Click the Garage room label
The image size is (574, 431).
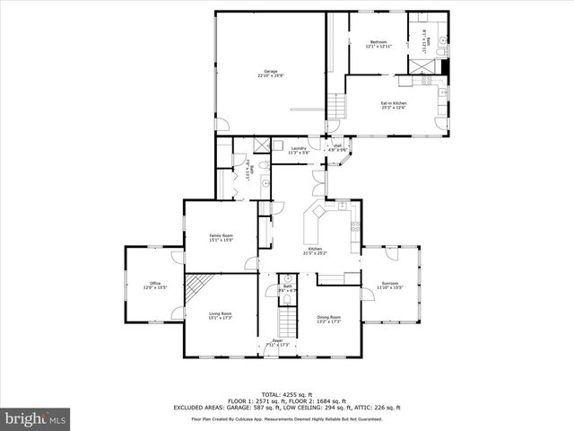pyautogui.click(x=270, y=73)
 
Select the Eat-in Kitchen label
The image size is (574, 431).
pyautogui.click(x=392, y=104)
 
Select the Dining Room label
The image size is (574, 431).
pyautogui.click(x=329, y=318)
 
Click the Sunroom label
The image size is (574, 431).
pyautogui.click(x=389, y=284)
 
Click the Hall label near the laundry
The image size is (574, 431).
pyautogui.click(x=338, y=146)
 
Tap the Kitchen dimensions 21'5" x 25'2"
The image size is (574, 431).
pyautogui.click(x=317, y=253)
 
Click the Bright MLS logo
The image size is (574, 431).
pyautogui.click(x=36, y=418)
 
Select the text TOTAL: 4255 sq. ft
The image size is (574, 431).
pyautogui.click(x=287, y=394)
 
